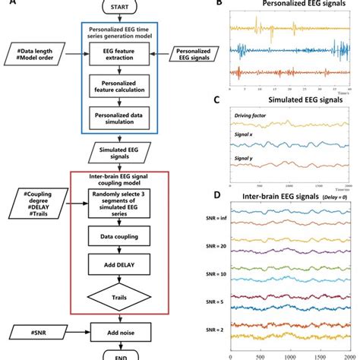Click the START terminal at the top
117,7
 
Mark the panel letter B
219,5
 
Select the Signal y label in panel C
246,159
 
